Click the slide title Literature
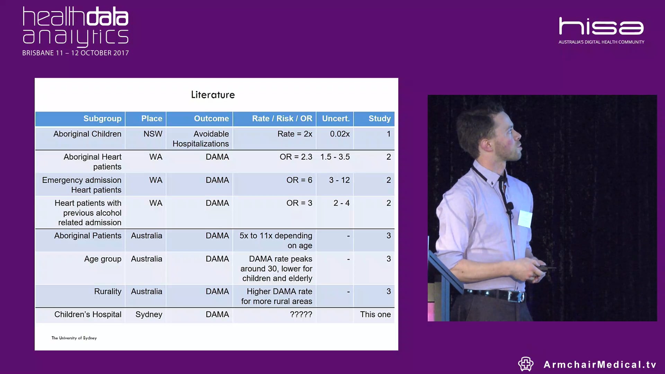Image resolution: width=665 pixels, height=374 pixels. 213,95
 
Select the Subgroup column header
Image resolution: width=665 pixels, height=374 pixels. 102,119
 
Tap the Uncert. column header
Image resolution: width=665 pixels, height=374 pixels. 336,119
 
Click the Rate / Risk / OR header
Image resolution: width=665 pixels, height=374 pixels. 282,119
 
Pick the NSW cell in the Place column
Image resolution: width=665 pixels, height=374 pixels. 153,134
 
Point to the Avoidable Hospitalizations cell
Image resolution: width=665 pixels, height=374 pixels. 201,139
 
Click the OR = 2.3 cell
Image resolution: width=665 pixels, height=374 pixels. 296,157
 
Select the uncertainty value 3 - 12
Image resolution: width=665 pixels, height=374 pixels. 339,180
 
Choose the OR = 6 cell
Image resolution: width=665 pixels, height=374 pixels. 299,180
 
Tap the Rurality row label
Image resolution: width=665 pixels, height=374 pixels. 108,292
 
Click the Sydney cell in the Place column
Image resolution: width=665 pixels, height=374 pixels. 149,314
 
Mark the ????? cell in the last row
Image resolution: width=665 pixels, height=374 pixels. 301,314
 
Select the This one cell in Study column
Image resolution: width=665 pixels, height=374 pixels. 375,314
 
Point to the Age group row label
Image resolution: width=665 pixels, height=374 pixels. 103,259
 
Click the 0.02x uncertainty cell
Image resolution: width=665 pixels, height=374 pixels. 340,134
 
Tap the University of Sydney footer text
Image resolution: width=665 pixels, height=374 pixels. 74,338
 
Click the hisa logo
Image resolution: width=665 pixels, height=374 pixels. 601,27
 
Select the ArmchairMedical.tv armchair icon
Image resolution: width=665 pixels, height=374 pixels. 526,364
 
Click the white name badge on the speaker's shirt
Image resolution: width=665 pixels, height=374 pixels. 525,219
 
